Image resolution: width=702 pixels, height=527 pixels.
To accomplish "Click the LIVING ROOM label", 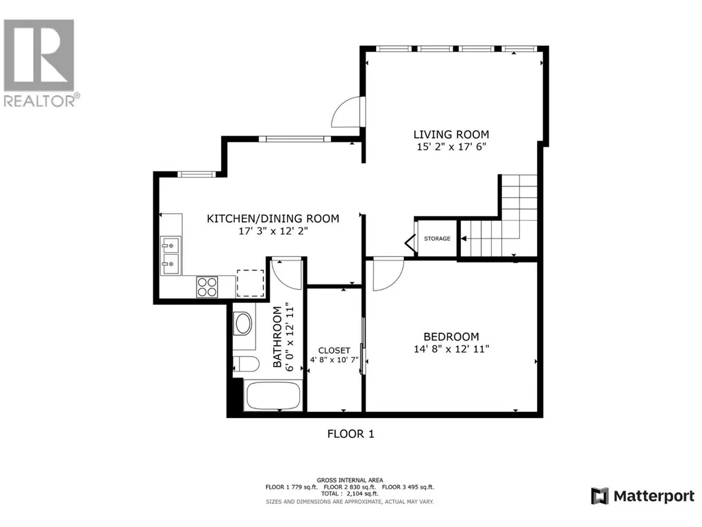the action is [451, 134].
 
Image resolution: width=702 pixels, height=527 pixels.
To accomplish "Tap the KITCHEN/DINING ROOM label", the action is [273, 219].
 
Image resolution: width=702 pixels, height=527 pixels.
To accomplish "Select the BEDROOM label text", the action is [451, 336].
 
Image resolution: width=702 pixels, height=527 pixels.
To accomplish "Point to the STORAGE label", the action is [437, 238].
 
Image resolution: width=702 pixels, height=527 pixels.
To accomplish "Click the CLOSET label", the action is [334, 350].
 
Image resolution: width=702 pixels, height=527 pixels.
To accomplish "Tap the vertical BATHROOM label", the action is [277, 337].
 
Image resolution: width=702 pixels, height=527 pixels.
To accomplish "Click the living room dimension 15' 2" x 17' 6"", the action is [451, 147].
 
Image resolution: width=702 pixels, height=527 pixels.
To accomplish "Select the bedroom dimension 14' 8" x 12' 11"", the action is [451, 349].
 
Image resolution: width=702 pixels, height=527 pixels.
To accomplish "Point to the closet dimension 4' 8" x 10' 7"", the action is [334, 359].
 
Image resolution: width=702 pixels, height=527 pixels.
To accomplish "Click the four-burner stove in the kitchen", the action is [207, 287].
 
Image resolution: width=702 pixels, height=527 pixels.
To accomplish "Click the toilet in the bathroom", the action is [245, 364].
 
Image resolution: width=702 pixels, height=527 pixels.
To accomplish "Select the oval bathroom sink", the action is [244, 323].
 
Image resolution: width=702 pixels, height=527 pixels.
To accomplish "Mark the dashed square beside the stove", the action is [250, 283].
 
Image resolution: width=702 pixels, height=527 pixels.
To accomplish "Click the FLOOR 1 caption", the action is [351, 434].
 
